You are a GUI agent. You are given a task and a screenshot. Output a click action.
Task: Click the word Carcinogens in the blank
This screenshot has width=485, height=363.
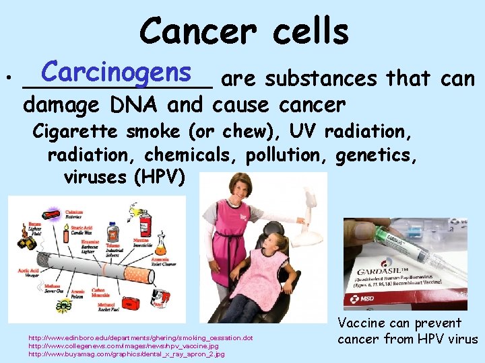coord(117,72)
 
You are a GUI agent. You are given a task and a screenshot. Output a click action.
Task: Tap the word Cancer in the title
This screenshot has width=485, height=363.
coord(188,31)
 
